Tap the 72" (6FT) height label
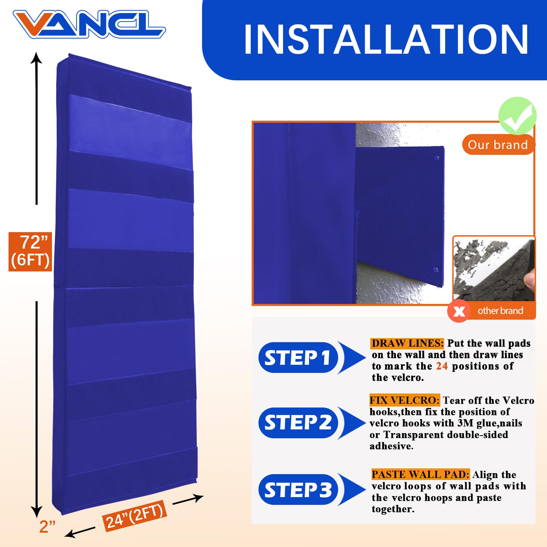coord(30,252)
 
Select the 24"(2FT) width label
coord(135,516)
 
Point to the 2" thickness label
coord(47,526)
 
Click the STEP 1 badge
coord(298,358)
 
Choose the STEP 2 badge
coord(298,423)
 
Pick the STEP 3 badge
coord(298,490)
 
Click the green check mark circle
coord(517,116)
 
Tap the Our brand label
coord(498,145)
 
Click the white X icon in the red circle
coord(459,311)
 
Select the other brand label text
coord(500,311)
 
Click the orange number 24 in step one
coord(442,366)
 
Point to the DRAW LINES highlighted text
coord(407,343)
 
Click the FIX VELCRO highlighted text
coord(404,400)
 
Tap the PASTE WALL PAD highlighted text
coord(421,475)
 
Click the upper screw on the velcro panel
coord(437,158)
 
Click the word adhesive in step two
coord(391,446)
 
